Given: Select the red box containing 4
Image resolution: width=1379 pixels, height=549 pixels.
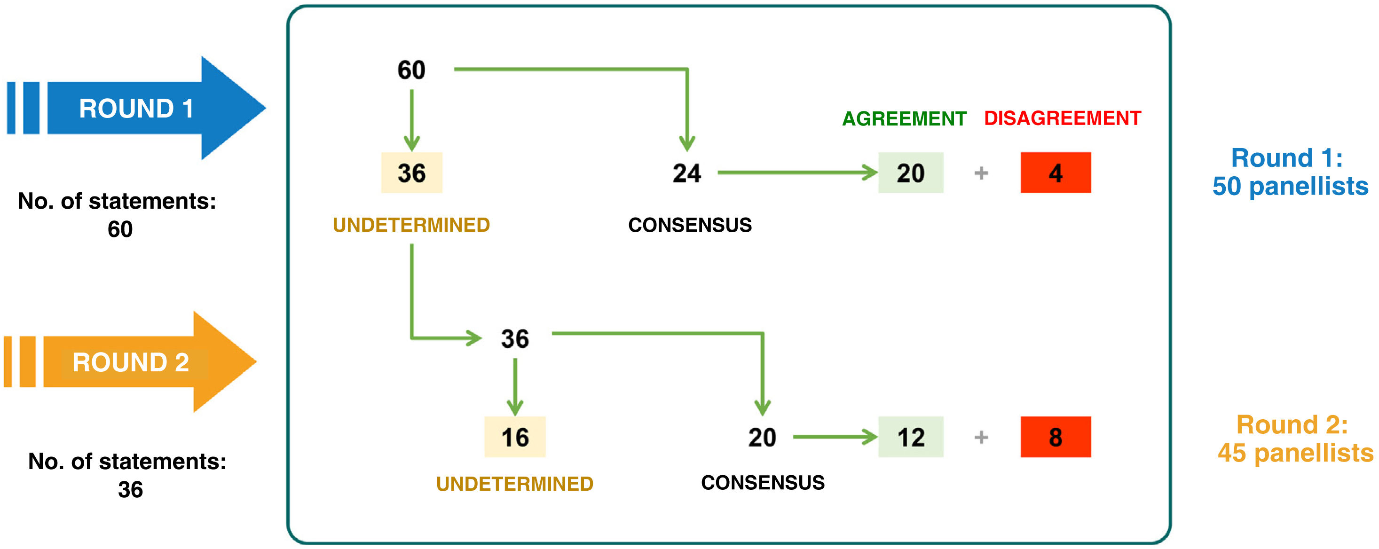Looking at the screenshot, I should click(1055, 173).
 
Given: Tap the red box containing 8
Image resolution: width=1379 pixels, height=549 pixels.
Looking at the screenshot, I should click(1055, 437).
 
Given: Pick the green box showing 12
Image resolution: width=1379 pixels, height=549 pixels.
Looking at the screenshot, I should click(911, 437).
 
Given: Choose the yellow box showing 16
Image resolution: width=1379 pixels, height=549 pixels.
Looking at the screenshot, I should click(514, 437).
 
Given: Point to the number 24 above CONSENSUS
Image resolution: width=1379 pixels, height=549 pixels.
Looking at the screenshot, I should click(687, 173).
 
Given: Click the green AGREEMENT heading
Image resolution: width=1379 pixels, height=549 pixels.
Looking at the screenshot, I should click(904, 118).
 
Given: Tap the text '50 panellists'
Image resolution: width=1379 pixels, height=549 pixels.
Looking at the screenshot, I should click(1290, 186).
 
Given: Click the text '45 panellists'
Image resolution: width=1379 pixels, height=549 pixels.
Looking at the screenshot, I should click(1295, 453).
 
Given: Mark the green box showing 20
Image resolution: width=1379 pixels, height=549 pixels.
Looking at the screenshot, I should click(911, 173).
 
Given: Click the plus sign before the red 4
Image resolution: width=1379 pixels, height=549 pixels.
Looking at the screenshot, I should click(981, 173).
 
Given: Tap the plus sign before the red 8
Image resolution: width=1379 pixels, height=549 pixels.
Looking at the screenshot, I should click(981, 437).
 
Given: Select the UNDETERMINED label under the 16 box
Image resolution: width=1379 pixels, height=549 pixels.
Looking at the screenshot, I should click(514, 484).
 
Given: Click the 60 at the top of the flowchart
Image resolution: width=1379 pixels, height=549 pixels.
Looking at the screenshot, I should click(411, 70).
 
